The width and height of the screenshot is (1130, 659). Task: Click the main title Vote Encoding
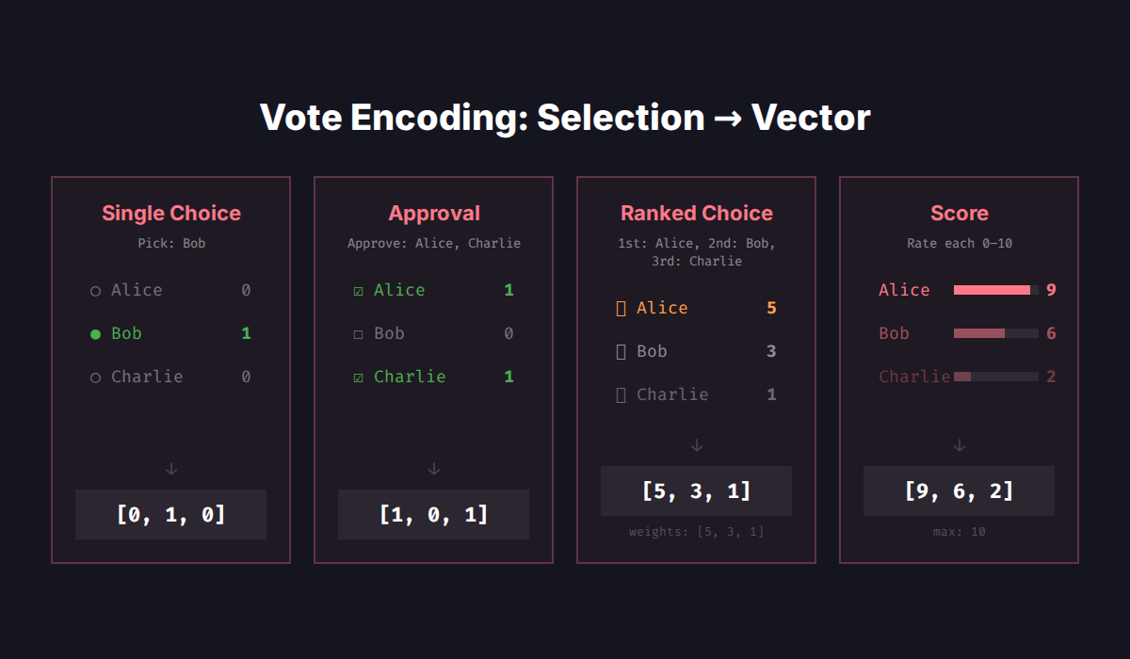coord(565,118)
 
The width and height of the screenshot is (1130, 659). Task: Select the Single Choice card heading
coord(171,214)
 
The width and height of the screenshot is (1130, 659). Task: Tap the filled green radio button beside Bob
coord(95,334)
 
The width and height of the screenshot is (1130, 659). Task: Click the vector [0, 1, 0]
coord(170,514)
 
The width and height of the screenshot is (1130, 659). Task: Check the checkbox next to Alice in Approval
coord(358,291)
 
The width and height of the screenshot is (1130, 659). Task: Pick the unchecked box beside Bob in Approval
coord(358,334)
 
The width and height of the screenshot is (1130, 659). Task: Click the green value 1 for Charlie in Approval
coord(508,377)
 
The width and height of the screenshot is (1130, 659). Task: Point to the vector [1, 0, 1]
coord(433,514)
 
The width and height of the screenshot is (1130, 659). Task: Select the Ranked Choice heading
coord(697,214)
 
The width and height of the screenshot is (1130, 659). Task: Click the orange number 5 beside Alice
coord(771,308)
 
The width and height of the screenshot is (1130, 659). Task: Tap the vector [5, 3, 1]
coord(696,490)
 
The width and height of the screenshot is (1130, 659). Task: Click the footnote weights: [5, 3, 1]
coord(696,532)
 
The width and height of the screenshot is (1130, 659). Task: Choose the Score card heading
coord(959,214)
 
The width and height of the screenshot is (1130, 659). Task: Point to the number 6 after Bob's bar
coord(1051,333)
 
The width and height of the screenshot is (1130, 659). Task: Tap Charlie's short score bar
coord(962,377)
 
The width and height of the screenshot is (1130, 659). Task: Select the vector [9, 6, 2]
coord(959,490)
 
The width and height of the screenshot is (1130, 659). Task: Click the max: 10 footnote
coord(959,532)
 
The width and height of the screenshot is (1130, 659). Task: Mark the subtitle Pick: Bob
coord(171,243)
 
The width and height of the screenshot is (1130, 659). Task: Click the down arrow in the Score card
coord(959,445)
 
